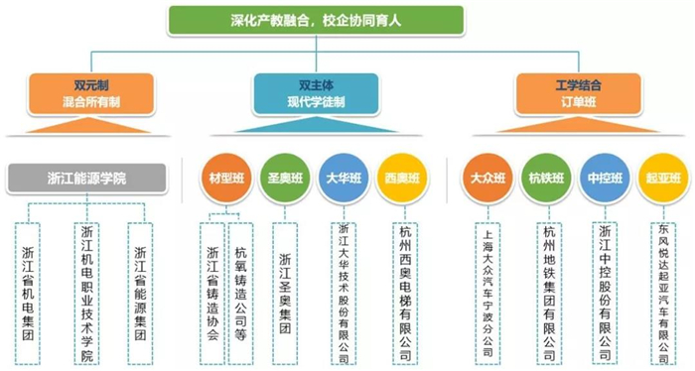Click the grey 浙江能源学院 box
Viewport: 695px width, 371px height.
click(87, 179)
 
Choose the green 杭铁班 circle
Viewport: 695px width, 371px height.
click(546, 179)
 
